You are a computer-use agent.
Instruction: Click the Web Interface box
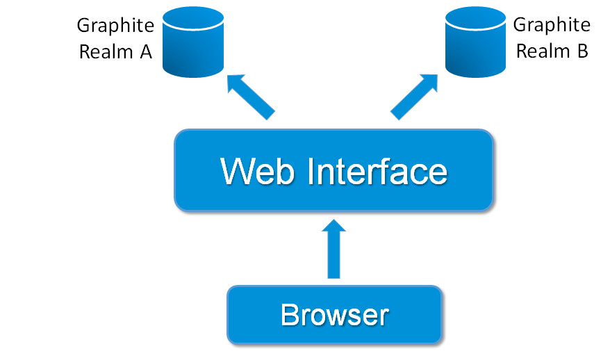333,170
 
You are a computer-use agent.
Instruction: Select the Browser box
334,315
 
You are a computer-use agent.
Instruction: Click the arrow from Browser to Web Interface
334,250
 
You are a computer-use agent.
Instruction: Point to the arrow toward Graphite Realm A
250,97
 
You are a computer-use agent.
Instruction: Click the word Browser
334,315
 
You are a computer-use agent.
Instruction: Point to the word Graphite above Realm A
115,26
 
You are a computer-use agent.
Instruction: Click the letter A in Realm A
145,52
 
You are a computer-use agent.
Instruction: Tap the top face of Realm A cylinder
194,19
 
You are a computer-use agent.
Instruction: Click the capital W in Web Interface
234,171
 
